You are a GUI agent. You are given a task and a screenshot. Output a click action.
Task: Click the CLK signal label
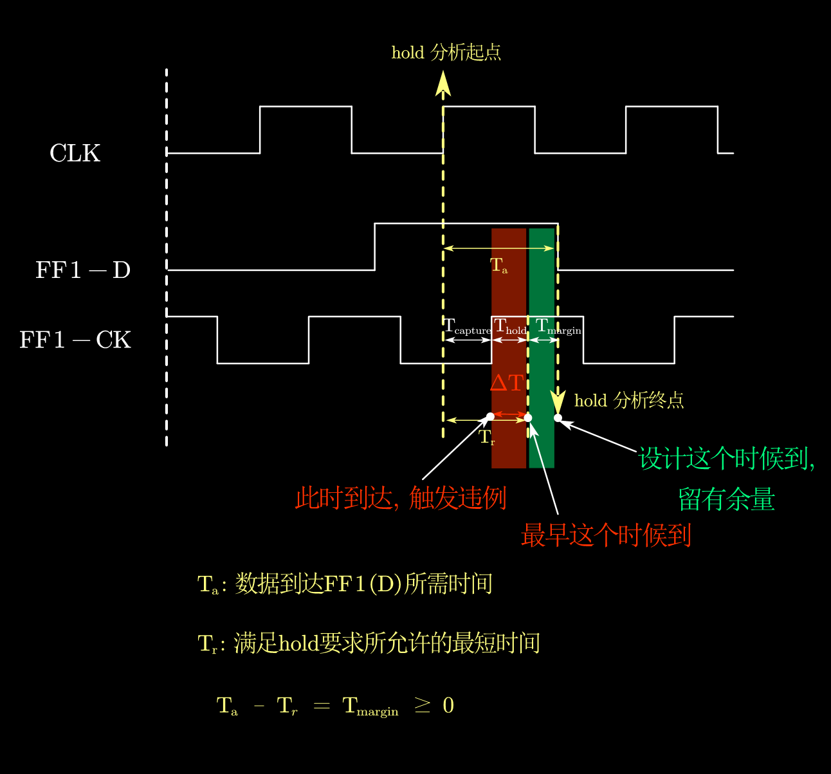coord(75,152)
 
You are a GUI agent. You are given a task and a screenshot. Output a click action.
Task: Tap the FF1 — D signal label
coord(83,270)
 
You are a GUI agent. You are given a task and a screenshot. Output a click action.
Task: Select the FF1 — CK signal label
coord(75,340)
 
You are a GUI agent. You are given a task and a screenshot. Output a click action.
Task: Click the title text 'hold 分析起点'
coord(446,52)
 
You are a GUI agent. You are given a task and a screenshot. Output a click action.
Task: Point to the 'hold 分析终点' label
coord(629,401)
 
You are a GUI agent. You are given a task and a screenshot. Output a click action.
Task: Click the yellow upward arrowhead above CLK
coord(443,84)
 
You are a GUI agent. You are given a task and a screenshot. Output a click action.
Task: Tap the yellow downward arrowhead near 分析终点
coord(558,402)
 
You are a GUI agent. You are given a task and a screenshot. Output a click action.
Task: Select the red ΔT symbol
coord(507,383)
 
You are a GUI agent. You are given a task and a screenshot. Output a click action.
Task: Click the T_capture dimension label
coord(467,326)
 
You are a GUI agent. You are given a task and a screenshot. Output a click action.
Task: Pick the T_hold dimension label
coord(510,326)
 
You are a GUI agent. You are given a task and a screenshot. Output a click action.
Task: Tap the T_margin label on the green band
coord(558,326)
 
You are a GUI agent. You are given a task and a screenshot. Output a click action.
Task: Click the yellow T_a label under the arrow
coord(498,265)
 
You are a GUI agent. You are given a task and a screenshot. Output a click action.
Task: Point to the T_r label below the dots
coord(487,438)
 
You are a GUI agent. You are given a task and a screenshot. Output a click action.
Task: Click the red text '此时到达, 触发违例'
coord(401,498)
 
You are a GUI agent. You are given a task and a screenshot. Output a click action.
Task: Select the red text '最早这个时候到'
coord(606,535)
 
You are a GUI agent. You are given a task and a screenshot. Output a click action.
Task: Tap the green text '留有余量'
coord(726,499)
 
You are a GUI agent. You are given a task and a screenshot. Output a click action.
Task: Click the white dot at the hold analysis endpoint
coord(558,418)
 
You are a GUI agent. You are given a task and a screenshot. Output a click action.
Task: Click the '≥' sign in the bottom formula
coord(422,705)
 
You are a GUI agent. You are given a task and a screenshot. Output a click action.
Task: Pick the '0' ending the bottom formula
coord(448,705)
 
